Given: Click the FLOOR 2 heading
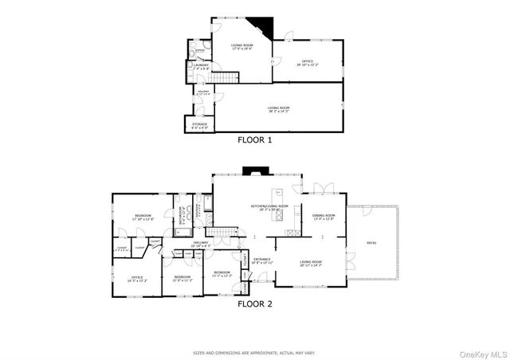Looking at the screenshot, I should [255, 303].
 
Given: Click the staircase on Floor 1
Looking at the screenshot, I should [229, 79].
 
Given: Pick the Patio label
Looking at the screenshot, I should [371, 243].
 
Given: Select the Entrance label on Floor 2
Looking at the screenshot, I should [262, 260].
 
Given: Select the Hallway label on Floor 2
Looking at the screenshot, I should [200, 244].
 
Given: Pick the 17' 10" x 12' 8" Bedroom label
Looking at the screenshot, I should [143, 217].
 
